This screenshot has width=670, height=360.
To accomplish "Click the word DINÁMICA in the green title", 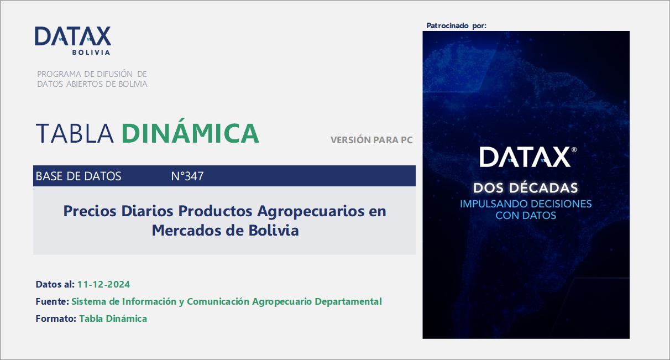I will click(190, 133).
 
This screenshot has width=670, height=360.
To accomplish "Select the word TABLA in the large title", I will click(75, 133).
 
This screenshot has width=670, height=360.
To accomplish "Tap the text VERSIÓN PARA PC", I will click(371, 140).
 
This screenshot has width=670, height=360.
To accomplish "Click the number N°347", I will click(187, 176).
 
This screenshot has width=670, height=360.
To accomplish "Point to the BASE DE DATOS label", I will click(78, 176).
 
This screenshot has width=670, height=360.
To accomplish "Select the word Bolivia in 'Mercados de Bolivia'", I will click(273, 230).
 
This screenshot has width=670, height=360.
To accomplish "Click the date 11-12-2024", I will click(104, 284).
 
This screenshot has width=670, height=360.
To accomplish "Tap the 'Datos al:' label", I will click(55, 284).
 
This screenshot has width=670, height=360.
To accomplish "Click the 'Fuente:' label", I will click(52, 301).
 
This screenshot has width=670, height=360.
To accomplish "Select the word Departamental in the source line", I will click(348, 301).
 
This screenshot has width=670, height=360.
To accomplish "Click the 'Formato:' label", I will click(56, 319).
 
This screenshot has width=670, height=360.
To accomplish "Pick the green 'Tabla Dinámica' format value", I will click(113, 319).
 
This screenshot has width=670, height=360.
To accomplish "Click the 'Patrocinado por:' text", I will click(457, 25).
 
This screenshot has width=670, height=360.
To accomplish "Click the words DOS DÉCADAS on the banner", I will click(526, 187).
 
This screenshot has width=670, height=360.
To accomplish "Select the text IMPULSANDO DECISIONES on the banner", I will click(526, 204).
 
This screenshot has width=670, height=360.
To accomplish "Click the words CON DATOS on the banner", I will click(526, 215).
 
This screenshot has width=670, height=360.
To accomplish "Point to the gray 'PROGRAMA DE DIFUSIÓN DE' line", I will click(92, 74).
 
